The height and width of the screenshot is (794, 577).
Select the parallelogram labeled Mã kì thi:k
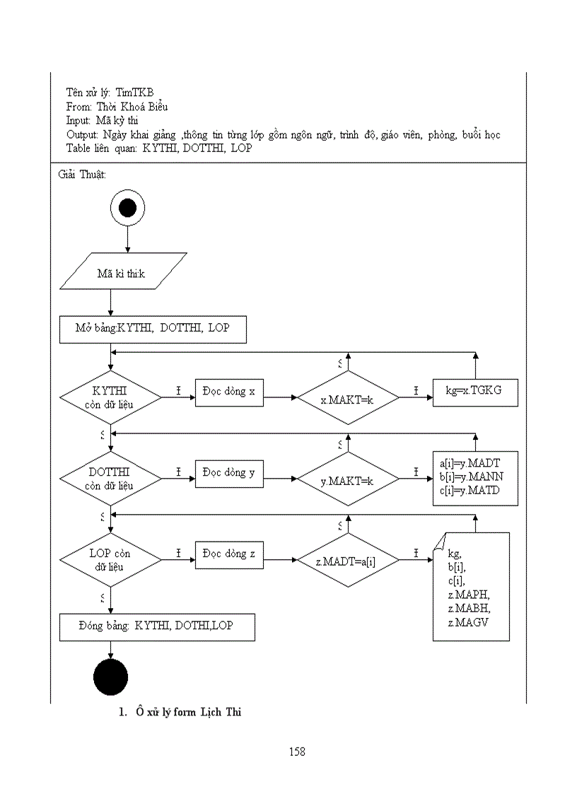(x=123, y=272)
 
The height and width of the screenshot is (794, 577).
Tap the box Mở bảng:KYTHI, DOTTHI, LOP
(x=153, y=329)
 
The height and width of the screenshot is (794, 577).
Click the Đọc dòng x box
(x=229, y=392)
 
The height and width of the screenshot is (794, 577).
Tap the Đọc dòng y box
(x=229, y=473)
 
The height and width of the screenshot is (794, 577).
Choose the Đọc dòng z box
(x=229, y=554)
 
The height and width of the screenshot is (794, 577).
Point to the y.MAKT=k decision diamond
(x=348, y=480)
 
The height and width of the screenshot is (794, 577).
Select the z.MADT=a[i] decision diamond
(x=348, y=561)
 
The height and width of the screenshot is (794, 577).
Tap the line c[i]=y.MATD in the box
(x=470, y=490)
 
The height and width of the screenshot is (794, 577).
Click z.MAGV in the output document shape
(x=468, y=621)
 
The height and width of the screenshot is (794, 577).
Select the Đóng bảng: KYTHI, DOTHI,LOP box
(x=157, y=626)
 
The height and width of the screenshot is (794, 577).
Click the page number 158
(x=297, y=752)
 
